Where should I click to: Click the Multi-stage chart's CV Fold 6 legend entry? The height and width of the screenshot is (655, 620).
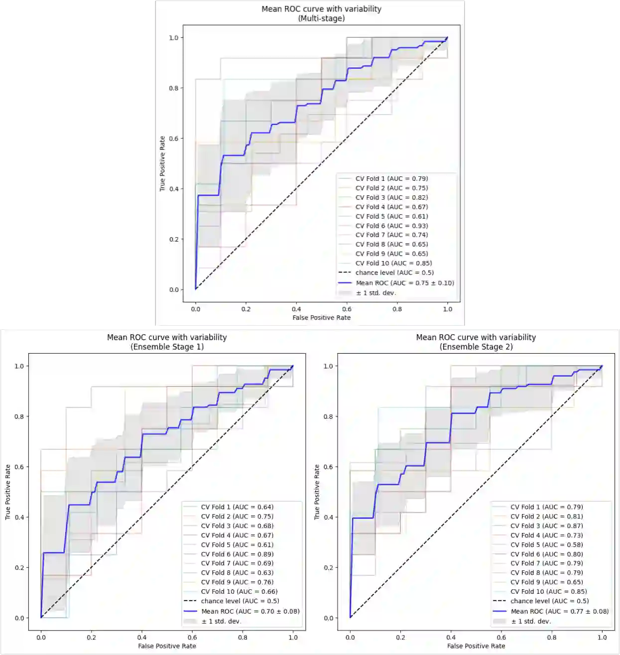[x=391, y=226]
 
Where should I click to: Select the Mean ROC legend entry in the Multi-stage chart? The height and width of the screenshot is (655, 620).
[x=404, y=283]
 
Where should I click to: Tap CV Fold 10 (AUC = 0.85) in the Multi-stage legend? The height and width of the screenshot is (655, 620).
[x=393, y=263]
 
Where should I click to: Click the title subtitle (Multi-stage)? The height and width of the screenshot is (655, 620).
[x=321, y=18]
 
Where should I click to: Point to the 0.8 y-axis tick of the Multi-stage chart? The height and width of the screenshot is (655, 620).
[x=173, y=88]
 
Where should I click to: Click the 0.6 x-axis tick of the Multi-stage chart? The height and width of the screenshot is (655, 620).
[x=347, y=309]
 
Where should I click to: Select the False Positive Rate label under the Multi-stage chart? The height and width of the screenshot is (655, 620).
[x=321, y=318]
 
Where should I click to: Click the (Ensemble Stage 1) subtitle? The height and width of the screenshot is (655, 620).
[x=167, y=347]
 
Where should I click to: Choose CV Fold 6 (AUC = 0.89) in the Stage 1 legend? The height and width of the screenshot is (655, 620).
[x=237, y=554]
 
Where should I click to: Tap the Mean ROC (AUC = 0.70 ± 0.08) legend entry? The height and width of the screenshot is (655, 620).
[x=250, y=611]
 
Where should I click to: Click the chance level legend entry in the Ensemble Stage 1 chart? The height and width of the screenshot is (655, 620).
[x=240, y=601]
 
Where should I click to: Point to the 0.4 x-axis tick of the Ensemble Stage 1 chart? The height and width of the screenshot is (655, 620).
[x=142, y=637]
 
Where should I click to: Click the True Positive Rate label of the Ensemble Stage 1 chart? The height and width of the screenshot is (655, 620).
[x=8, y=492]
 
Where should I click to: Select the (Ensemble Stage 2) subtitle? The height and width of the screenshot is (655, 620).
[x=476, y=347]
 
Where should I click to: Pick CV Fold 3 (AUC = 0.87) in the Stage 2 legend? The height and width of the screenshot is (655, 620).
[x=546, y=525]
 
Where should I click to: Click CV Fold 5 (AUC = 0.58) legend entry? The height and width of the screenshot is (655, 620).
[x=546, y=544]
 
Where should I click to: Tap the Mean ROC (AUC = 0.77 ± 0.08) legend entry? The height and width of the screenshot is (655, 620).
[x=559, y=611]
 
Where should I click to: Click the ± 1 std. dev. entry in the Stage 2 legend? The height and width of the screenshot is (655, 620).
[x=531, y=621]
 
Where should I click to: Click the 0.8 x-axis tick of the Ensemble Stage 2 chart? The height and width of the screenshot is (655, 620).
[x=552, y=637]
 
